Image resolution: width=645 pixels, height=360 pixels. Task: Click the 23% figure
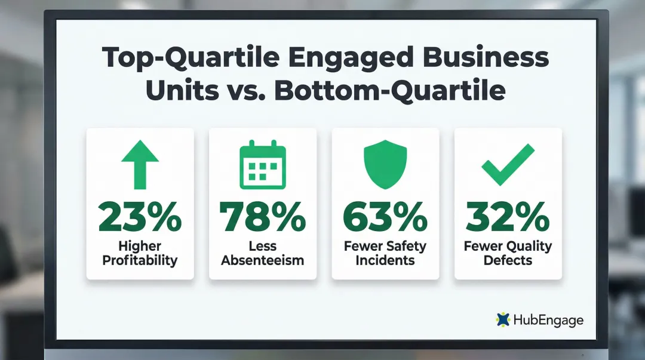pos(140,217)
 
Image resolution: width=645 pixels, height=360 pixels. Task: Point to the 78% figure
pos(262,217)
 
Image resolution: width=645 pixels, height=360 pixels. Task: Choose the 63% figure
pos(385,217)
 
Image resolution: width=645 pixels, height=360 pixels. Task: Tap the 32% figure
pos(508,217)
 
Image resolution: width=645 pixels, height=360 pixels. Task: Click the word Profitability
pos(140,260)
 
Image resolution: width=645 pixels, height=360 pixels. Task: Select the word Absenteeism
pos(262,260)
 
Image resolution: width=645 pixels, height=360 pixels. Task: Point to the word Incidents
pos(385,260)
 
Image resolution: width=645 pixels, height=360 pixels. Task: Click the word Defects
pos(508,260)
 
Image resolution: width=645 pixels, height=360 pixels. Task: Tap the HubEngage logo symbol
pos(503,319)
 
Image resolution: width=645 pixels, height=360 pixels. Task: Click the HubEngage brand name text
pos(548,320)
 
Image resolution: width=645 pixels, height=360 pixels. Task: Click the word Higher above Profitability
pos(140,246)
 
